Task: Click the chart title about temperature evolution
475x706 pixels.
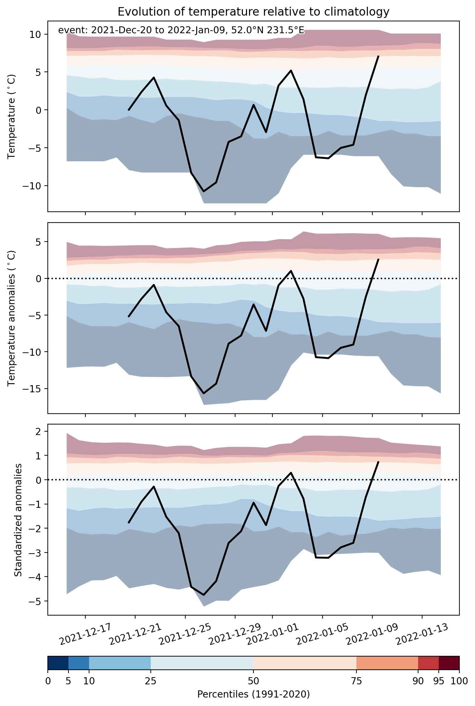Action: pos(253,12)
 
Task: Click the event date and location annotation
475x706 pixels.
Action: pos(181,30)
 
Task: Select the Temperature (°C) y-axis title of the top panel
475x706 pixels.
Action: pos(12,116)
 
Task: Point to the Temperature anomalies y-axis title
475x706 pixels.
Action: pos(12,318)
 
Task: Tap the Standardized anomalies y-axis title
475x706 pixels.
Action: pos(18,519)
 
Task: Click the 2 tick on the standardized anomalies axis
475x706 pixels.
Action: pos(39,431)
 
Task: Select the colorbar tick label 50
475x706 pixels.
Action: pos(253,681)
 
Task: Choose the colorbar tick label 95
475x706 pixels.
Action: pos(439,681)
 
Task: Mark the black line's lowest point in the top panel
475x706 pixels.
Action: pos(204,191)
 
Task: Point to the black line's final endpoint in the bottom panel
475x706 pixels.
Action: pos(378,461)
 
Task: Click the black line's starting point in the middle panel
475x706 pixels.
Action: pos(129,316)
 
